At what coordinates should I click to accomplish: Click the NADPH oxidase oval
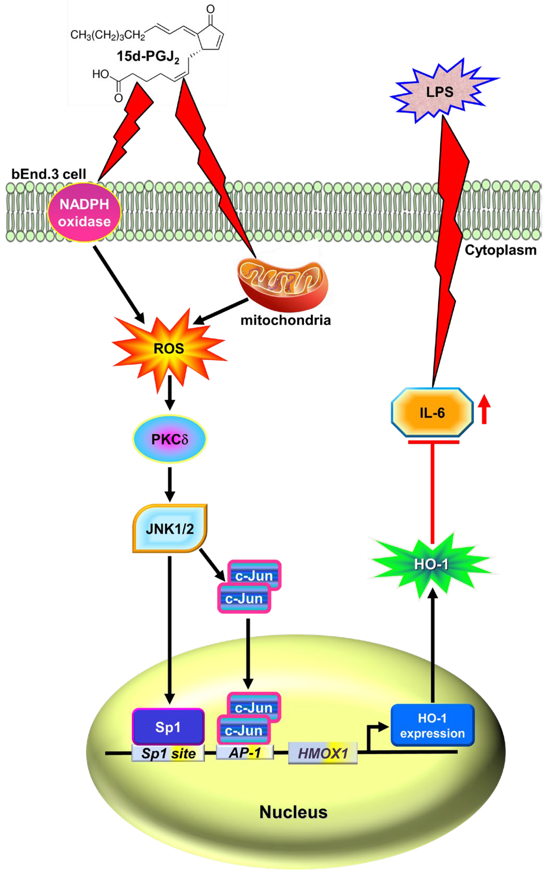pyautogui.click(x=84, y=213)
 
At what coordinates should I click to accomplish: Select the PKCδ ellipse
pyautogui.click(x=169, y=439)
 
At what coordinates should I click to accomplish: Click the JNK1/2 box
pyautogui.click(x=170, y=529)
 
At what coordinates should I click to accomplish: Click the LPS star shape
pyautogui.click(x=440, y=92)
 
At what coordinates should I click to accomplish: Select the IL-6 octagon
pyautogui.click(x=432, y=413)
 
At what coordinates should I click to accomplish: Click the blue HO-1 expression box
pyautogui.click(x=432, y=725)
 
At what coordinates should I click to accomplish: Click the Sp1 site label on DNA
pyautogui.click(x=168, y=753)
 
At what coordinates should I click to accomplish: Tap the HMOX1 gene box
pyautogui.click(x=323, y=754)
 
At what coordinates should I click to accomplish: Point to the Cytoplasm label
pyautogui.click(x=500, y=250)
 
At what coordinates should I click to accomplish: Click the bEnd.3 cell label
pyautogui.click(x=49, y=174)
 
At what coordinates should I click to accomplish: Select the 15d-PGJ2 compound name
pyautogui.click(x=148, y=57)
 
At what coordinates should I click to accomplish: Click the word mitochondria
pyautogui.click(x=285, y=320)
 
